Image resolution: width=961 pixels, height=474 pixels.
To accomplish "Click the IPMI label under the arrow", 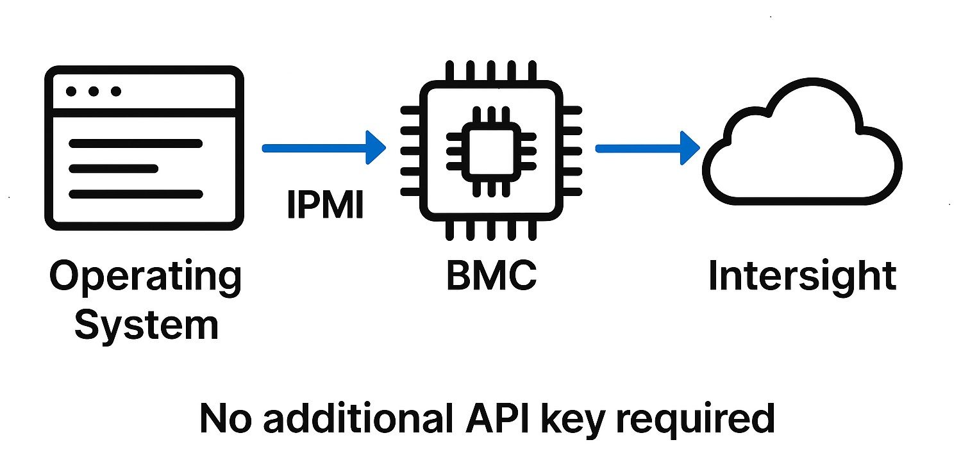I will point(324,205).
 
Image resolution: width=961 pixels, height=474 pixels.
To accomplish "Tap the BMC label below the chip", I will point(491,277).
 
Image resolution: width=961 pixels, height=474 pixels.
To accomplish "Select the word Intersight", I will point(801,277).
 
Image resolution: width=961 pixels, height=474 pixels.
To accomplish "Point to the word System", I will point(146,325).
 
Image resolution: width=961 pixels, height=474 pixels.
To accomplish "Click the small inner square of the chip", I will point(491,148).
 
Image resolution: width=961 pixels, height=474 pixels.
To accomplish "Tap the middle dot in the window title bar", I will point(94,92).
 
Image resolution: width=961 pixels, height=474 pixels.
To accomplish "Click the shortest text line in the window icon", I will point(113,168).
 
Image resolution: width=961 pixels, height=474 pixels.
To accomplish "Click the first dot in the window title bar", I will point(71,92).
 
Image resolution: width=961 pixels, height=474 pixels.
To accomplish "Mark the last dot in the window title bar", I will point(116,92).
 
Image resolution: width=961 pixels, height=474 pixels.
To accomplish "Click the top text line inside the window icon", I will point(135,143).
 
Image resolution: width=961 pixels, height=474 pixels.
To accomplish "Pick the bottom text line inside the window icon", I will point(135,193).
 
